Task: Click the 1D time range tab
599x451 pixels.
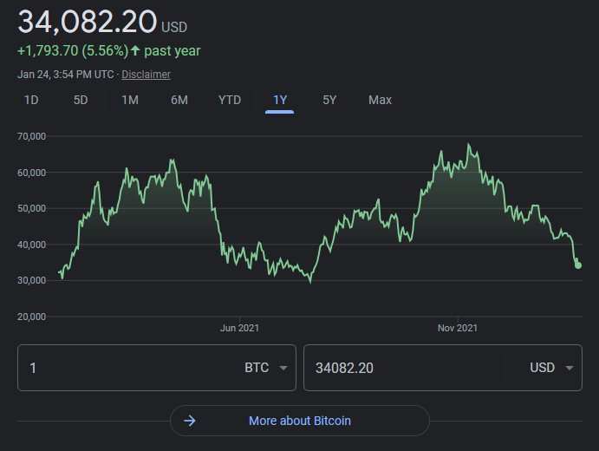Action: coord(31,100)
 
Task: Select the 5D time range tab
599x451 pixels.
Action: coord(81,100)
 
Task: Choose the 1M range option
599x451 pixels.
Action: coord(130,100)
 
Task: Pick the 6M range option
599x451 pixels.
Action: coord(179,100)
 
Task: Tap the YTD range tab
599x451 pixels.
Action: coord(230,100)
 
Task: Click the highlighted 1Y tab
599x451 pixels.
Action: coord(280,100)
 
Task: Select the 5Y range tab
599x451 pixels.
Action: coord(329,100)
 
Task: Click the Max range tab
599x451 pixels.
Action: coord(380,100)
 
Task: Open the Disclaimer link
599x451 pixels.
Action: coord(146,75)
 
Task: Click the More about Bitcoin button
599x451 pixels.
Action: coord(300,421)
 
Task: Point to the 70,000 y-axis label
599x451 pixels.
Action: coord(31,136)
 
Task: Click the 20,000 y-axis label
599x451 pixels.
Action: coord(31,317)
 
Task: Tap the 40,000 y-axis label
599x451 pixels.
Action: coord(31,245)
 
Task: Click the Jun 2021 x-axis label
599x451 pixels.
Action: coord(239,328)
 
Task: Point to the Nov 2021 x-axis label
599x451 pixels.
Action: coord(458,328)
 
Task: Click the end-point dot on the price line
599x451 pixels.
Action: coord(578,265)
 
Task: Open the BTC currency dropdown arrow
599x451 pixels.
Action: coord(283,368)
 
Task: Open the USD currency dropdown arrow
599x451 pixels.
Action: coord(570,368)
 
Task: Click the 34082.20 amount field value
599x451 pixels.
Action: coord(344,368)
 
